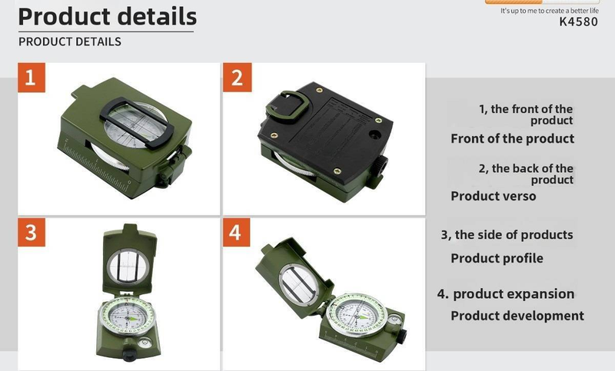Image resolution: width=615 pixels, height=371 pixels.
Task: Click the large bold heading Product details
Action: tap(107, 16)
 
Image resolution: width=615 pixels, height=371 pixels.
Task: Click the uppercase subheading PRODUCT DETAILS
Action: tap(70, 41)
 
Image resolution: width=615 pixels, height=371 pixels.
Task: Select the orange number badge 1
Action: tap(32, 78)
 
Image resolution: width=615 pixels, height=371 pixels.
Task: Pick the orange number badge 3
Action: tap(32, 233)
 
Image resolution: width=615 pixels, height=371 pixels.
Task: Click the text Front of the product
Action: tap(512, 138)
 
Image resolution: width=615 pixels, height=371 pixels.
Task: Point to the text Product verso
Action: tap(494, 196)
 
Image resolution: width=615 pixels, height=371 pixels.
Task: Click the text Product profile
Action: tap(497, 258)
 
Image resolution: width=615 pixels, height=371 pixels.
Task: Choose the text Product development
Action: tap(517, 316)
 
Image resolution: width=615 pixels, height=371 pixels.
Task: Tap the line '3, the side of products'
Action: tap(507, 235)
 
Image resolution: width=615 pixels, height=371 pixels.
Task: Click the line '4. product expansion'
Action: tap(506, 293)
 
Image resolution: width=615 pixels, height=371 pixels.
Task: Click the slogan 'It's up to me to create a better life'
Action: tap(549, 11)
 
